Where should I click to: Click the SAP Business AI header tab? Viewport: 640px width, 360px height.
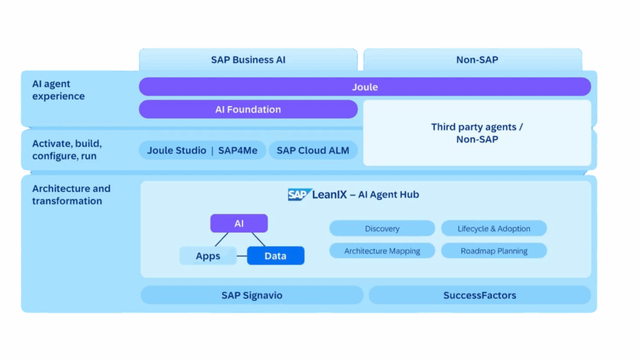coord(248,60)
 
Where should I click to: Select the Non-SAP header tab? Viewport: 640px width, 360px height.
coord(473,60)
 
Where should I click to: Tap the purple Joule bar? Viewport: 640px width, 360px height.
coord(364,87)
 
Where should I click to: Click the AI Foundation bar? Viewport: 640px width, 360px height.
coord(248,109)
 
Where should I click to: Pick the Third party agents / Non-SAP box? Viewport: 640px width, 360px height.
coord(477,133)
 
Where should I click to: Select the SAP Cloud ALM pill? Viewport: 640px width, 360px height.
coord(313,150)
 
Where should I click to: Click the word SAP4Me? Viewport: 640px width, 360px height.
coord(237,150)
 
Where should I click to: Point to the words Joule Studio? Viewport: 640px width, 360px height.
coord(177,150)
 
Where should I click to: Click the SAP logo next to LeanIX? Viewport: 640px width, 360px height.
coord(299,194)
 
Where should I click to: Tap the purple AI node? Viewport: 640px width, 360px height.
coord(239,223)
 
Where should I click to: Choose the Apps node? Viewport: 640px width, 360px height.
coord(208,256)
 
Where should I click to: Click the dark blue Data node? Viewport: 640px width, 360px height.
coord(276,256)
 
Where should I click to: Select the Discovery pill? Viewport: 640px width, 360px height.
coord(382,229)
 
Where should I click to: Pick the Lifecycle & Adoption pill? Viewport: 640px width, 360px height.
coord(494,229)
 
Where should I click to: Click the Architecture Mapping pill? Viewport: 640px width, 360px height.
coord(382,251)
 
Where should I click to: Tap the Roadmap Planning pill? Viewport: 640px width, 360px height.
coord(494,251)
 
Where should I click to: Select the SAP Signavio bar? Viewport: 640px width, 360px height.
coord(252,295)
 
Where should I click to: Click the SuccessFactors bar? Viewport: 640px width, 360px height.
coord(479,295)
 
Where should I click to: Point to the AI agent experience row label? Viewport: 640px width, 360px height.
coord(59,90)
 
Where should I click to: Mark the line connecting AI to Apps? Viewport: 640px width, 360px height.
coord(221,239)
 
